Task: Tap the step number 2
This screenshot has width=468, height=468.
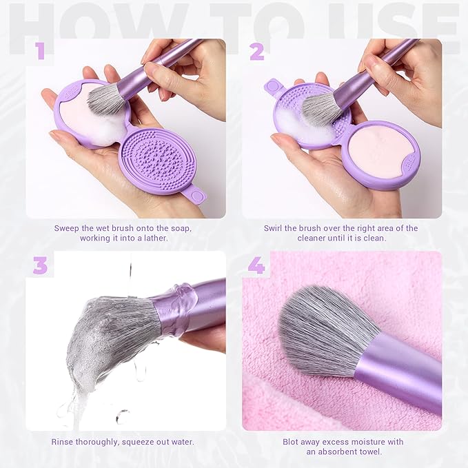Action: click(256, 50)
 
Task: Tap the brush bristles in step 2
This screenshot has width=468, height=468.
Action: click(323, 107)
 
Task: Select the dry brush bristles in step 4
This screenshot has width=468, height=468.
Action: click(324, 331)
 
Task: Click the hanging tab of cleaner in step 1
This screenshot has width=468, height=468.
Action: click(197, 195)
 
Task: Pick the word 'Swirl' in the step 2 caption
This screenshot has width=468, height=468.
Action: click(275, 228)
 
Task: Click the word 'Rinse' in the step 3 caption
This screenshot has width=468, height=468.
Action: click(63, 442)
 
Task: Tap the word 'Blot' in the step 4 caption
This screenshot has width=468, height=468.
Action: click(292, 442)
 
